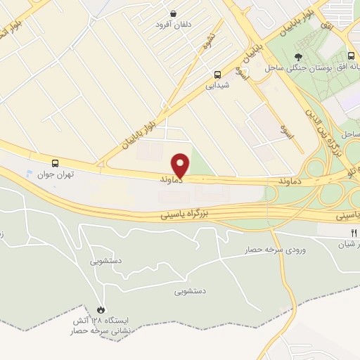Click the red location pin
point(181,165)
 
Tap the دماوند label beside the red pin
point(172,181)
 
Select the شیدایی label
point(217,86)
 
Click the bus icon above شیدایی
point(217,74)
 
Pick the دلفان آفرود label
point(174,25)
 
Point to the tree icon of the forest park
point(299,56)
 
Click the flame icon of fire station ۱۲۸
point(101,309)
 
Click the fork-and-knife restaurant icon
point(354,233)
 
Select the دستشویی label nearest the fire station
point(106,261)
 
